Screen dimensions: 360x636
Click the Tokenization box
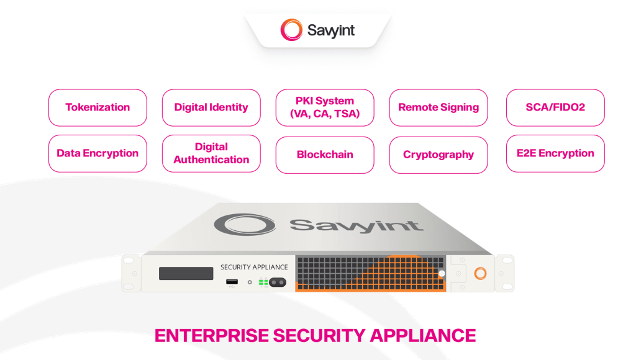point(98,107)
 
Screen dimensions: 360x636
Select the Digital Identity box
point(211,107)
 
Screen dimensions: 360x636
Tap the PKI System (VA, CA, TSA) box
point(325,107)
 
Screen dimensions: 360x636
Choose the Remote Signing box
point(438,107)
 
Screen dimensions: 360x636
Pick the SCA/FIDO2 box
point(555,107)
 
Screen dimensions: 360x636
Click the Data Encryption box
point(98,153)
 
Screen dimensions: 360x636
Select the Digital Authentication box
point(211,153)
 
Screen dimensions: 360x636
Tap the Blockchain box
point(325,155)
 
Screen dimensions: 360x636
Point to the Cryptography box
point(438,155)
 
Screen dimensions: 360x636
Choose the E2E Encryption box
point(555,153)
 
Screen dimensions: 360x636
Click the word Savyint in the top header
point(331,30)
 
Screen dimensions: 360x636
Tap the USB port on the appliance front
point(232,283)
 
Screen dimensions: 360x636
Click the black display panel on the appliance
point(186,273)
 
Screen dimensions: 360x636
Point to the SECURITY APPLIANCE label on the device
point(254,268)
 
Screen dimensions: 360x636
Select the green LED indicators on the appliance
point(263,282)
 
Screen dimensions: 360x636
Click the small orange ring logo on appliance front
point(480,273)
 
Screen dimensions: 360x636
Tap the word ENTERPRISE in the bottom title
point(211,335)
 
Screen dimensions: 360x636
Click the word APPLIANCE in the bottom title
point(423,335)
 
